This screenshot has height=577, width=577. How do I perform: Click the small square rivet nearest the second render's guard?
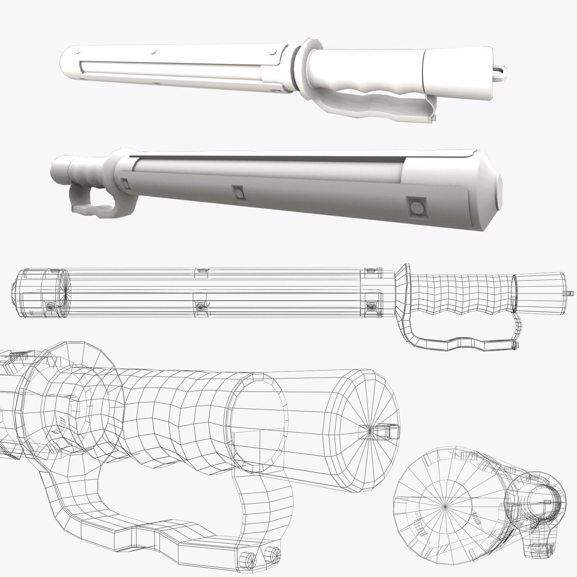point(125,184)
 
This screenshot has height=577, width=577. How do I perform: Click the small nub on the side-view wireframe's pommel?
point(571,293)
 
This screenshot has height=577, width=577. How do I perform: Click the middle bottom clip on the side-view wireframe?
point(200,306)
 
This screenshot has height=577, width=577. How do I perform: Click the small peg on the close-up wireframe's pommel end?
point(389,430)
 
